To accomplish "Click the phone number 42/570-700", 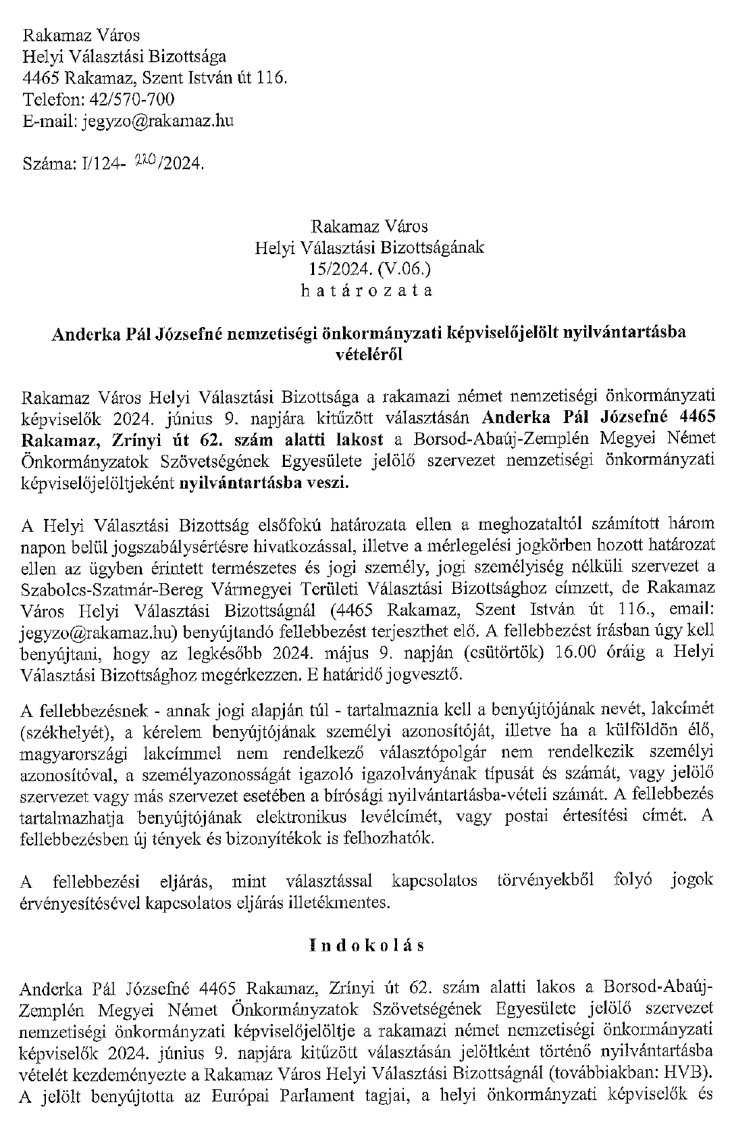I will tap(128, 100).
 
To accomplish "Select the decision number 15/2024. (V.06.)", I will tap(369, 269).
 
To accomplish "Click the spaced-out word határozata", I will tap(369, 291).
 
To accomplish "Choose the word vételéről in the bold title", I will tap(369, 353).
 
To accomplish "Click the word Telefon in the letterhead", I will tap(50, 100).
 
